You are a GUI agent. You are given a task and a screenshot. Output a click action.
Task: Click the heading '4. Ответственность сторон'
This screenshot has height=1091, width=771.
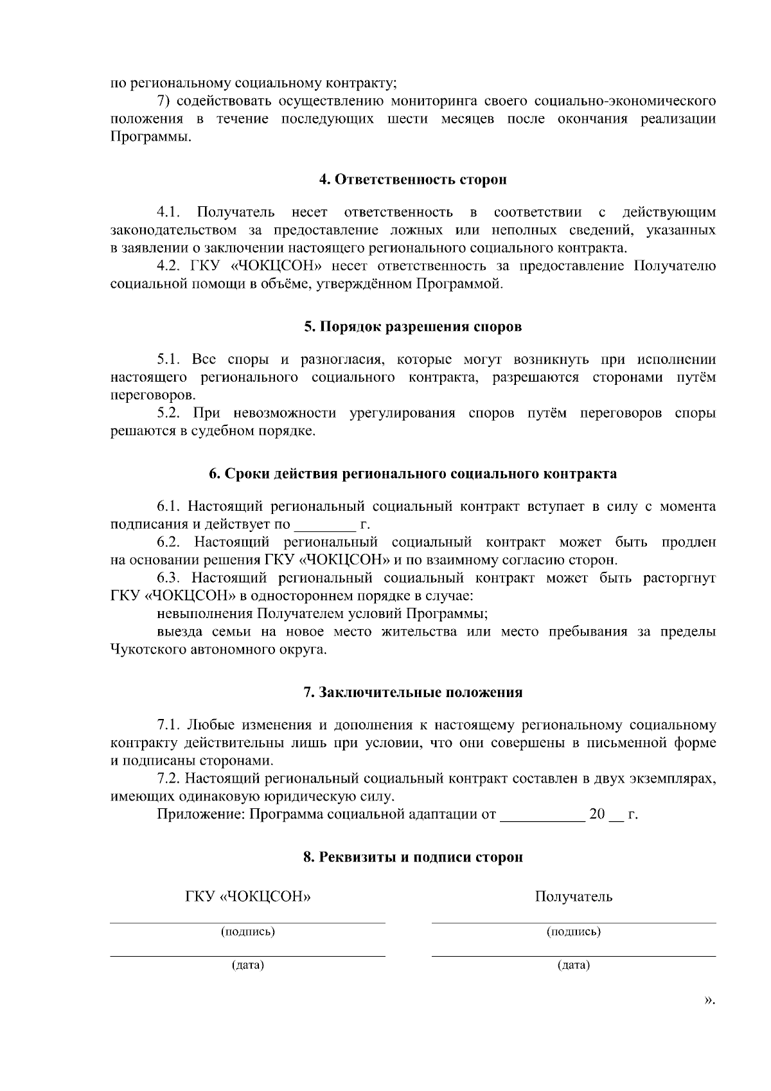coord(412,179)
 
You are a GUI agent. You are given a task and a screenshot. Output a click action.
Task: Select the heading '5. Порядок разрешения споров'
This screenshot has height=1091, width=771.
coord(412,326)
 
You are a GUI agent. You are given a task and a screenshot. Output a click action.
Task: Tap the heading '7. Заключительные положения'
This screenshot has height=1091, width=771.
coord(412,693)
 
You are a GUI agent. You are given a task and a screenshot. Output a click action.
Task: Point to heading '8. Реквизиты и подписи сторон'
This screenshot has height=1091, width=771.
coord(412,857)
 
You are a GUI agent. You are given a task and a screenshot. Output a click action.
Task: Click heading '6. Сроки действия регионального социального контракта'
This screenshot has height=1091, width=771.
coord(412,474)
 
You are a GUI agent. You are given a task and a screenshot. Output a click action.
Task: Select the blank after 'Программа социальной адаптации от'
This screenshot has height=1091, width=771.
coord(542,815)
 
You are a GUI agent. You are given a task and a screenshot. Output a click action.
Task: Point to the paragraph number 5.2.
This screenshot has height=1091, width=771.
coord(169,412)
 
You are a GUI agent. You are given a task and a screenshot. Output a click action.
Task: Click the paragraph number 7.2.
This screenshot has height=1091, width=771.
coord(169,779)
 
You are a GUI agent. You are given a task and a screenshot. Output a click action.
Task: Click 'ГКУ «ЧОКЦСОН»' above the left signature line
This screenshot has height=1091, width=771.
coord(248,896)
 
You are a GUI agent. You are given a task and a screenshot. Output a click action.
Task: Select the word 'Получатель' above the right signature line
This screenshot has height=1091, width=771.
coord(573,896)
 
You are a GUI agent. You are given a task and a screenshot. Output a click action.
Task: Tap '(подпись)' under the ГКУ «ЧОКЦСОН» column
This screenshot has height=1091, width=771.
coord(248,932)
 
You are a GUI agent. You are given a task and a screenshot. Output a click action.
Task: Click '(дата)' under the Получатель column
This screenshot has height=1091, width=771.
coord(573,965)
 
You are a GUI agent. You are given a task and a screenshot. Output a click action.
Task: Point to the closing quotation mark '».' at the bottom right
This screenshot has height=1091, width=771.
coord(709,1000)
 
